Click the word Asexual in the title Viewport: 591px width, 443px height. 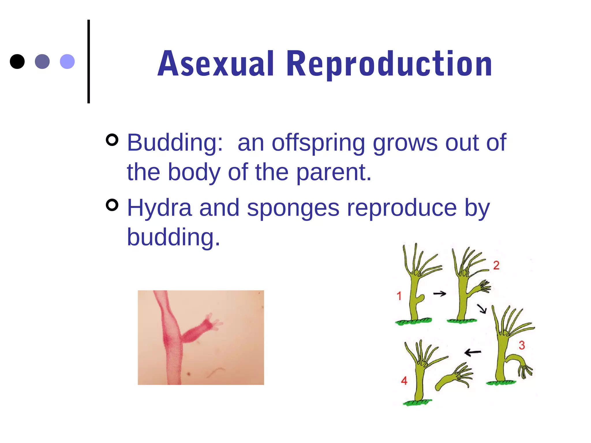coord(216,64)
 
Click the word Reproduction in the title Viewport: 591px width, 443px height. coord(389,64)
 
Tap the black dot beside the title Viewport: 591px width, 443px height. coord(17,61)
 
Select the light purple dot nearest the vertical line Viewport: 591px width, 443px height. coord(67,61)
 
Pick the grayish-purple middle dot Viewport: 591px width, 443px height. coord(42,61)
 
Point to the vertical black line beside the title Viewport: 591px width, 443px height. coord(89,61)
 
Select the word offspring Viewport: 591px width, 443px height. coord(318,142)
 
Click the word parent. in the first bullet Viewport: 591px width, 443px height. coord(334,172)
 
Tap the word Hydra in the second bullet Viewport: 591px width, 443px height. coord(159,208)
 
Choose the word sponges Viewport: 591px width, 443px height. coord(293,208)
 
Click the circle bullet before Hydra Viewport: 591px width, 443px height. coord(112,205)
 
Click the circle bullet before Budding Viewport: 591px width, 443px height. coord(112,140)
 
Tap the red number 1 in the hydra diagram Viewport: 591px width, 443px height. coord(399,296)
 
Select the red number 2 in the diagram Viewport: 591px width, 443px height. coord(496,265)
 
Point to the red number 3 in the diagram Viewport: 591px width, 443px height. coord(522,345)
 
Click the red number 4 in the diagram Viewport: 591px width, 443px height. coord(404,381)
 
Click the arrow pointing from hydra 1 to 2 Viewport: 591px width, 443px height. coord(440,294)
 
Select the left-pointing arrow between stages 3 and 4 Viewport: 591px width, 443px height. coord(473,352)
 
